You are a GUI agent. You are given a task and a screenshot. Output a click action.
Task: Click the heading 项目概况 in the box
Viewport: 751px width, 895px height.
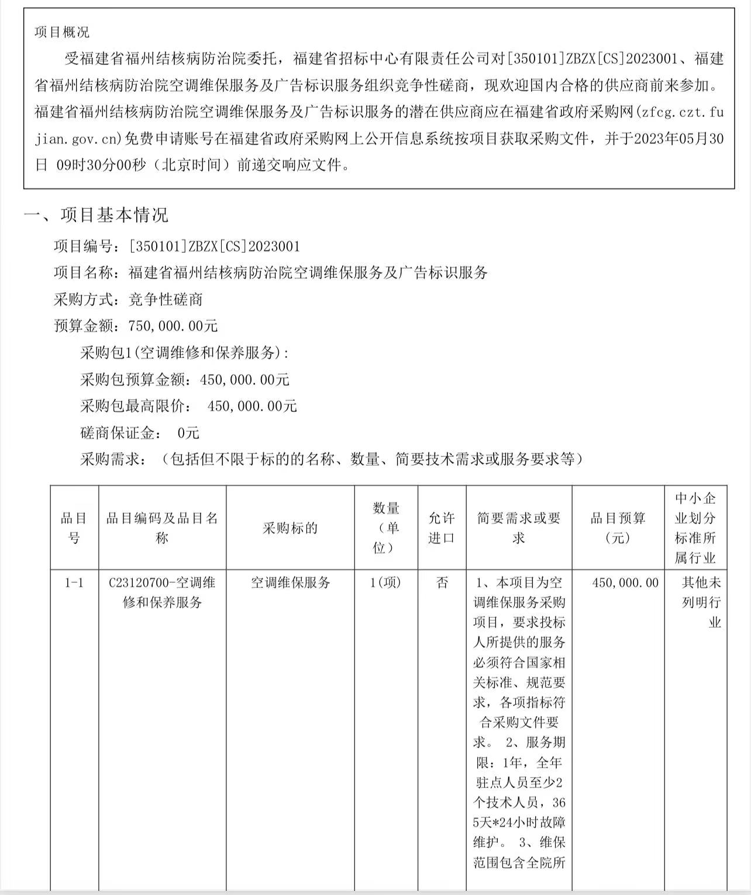[62, 32]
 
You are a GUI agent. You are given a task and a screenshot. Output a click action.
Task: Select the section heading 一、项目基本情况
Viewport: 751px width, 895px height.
[96, 215]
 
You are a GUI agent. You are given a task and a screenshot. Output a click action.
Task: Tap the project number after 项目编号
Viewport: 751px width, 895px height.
[214, 246]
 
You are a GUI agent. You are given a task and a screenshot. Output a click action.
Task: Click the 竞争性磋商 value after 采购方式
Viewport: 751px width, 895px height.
[166, 300]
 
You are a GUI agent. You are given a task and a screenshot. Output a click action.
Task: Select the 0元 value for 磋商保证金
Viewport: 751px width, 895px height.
[188, 433]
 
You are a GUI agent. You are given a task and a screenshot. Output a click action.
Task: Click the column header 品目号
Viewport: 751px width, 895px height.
[74, 528]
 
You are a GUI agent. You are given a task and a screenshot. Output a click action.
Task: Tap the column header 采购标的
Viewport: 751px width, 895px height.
[290, 528]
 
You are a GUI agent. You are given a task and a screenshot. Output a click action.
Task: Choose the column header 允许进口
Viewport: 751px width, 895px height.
[442, 528]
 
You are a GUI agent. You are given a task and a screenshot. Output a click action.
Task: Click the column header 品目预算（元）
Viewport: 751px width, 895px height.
[618, 528]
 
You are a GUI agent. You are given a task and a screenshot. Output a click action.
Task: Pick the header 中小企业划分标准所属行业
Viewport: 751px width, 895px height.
[695, 528]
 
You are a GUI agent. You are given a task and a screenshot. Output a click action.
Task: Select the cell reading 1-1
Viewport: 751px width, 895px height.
[74, 583]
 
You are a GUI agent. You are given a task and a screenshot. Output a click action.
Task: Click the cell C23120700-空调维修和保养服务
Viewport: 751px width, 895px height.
[162, 592]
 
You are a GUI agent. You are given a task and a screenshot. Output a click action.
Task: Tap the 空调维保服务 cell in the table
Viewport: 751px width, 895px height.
[290, 583]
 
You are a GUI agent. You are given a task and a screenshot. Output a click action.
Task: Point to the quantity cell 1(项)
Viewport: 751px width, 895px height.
[385, 583]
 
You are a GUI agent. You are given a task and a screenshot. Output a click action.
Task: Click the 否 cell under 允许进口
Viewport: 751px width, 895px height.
[442, 583]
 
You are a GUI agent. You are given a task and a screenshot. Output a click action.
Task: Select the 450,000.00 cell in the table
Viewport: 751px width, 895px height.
[625, 583]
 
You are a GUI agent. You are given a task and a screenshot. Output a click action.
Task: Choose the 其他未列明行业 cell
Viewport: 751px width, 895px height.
[701, 602]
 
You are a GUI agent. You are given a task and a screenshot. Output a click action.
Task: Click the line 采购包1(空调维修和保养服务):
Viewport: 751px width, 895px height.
[184, 353]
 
